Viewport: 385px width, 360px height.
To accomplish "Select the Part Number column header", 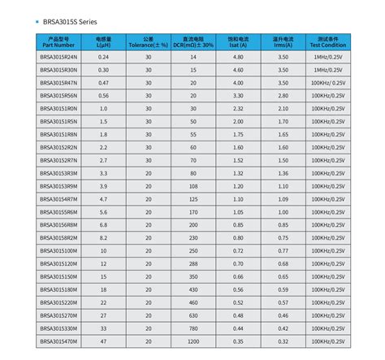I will pos(61,41).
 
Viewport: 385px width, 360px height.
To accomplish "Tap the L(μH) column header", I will pos(103,41).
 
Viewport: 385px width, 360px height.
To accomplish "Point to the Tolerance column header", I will pos(148,41).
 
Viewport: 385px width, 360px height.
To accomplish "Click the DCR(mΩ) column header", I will pos(192,41).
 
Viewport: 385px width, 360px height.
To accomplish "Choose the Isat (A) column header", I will pos(237,41).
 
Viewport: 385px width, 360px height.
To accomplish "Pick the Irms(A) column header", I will pos(283,41).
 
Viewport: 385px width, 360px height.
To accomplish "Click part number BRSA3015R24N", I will pos(61,57).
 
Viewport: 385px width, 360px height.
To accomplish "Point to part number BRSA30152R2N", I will pos(61,146).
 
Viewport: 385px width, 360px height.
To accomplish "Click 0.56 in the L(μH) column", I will pos(103,95).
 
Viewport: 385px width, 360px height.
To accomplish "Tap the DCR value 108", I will pos(192,185).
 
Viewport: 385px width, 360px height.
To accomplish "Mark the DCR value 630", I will pos(192,314).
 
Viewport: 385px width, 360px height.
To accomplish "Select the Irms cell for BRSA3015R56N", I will pos(283,95).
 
